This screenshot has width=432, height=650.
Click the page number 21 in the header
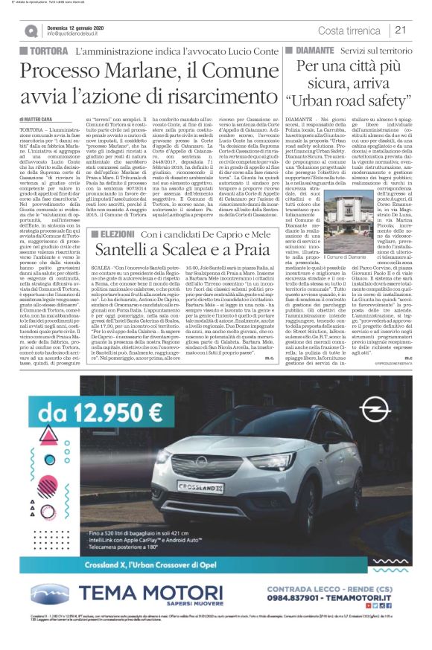pos(400,30)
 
